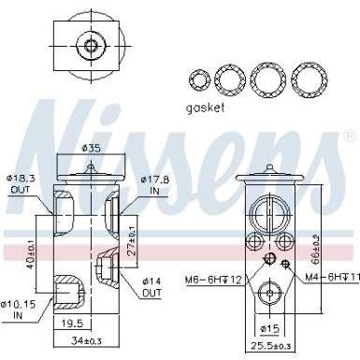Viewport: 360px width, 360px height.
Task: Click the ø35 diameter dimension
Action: [91, 149]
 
